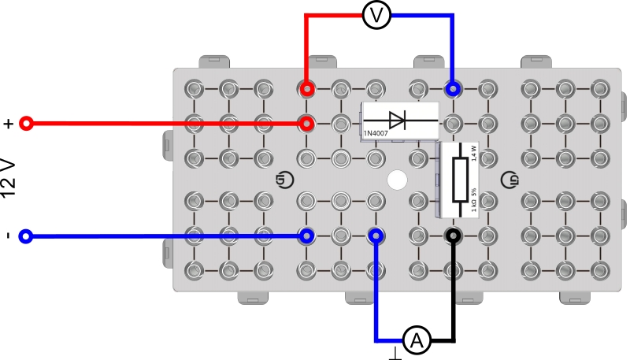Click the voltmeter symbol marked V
377,14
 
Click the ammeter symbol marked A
417,341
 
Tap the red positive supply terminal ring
26,124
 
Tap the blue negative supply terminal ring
26,236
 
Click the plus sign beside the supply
9,124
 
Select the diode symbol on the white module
399,120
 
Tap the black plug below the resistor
453,236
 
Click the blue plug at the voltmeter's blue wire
453,89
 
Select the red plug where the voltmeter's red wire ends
306,89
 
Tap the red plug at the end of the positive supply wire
306,124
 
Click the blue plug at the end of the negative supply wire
306,236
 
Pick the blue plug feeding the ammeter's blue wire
376,236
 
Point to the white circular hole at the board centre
398,180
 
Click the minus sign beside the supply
8,236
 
